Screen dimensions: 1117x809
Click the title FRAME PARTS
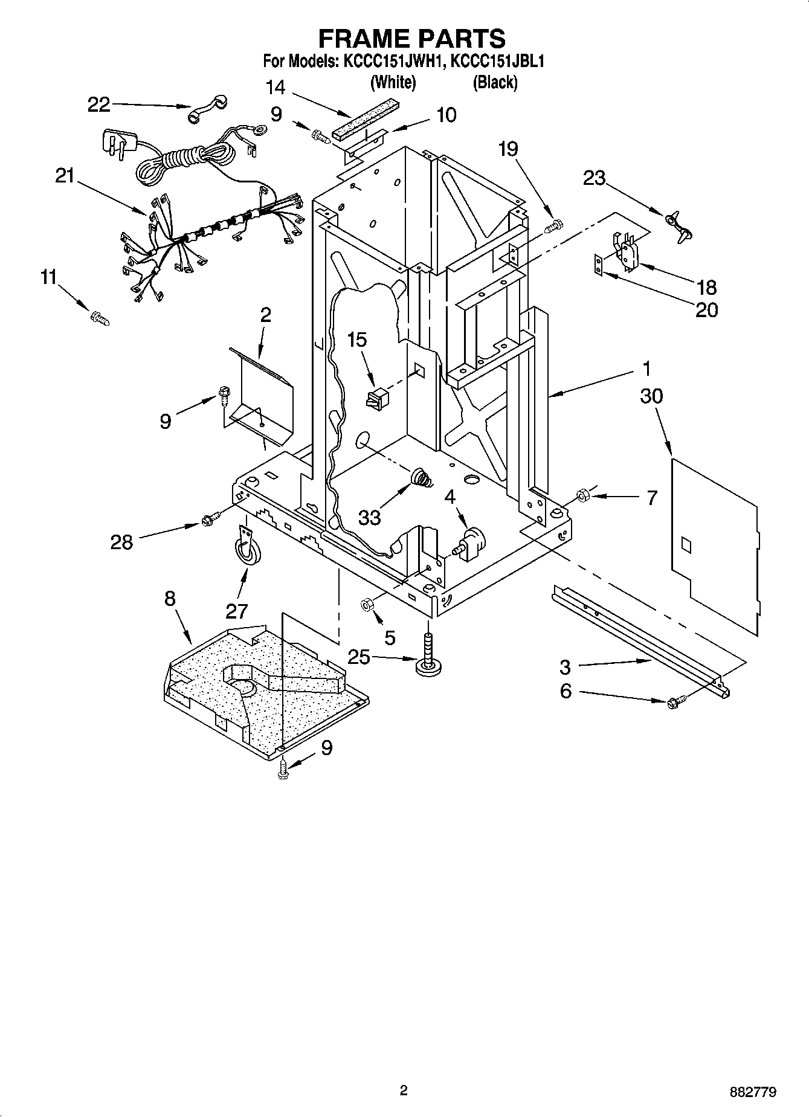(411, 38)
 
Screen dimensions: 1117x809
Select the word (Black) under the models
(495, 82)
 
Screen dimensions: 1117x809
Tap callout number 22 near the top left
(99, 105)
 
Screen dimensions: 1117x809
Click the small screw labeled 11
(99, 318)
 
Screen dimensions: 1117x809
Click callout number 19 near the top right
(508, 149)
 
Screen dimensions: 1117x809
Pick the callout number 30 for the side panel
(652, 397)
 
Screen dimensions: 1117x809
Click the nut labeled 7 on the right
(582, 496)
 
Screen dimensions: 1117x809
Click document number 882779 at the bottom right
(752, 1092)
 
